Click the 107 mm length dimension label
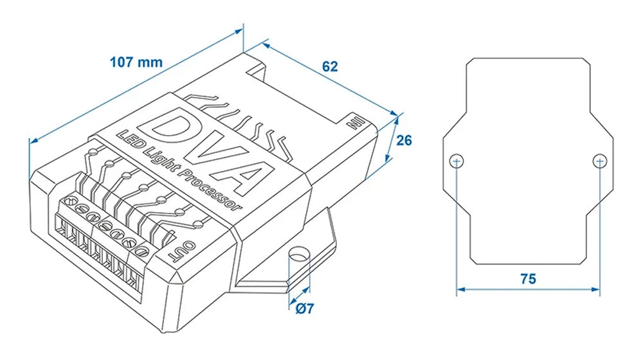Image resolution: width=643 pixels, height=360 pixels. pos(136,63)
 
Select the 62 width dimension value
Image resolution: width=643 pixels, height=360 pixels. pos(330,66)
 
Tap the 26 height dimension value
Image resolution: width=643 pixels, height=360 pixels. pos(404,140)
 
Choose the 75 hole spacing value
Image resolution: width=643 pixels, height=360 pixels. pos(528,278)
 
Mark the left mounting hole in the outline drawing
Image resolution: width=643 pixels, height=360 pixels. pos(456,160)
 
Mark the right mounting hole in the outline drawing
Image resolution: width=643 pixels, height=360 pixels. pos(599,160)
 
